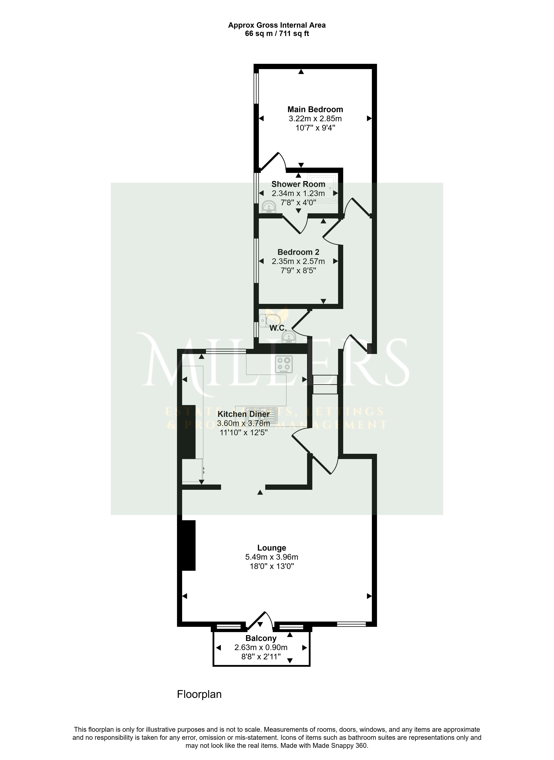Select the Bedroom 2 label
click(298, 252)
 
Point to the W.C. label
click(278, 328)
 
